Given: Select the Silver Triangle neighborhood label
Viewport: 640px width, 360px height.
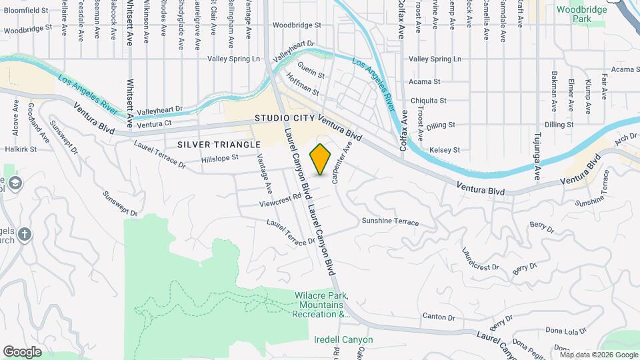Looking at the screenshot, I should [219, 144].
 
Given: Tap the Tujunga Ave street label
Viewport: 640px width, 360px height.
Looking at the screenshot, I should [537, 160].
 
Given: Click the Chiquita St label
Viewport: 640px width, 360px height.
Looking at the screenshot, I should [428, 101].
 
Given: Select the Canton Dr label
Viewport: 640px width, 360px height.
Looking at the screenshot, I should [439, 316].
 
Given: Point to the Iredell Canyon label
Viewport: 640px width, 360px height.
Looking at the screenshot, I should [343, 339].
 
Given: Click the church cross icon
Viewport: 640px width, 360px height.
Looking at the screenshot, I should [25, 234].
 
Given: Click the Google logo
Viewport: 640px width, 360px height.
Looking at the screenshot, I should [22, 351].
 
